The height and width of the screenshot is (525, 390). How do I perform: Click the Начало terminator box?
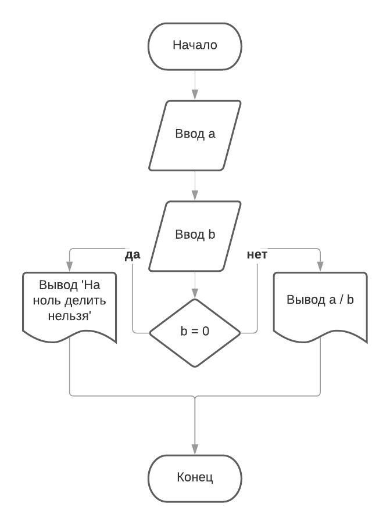pyautogui.click(x=195, y=45)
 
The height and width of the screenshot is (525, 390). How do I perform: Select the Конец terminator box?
pyautogui.click(x=195, y=478)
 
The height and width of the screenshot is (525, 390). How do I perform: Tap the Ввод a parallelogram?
pyautogui.click(x=195, y=135)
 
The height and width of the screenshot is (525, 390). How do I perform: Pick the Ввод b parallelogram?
pyautogui.click(x=195, y=235)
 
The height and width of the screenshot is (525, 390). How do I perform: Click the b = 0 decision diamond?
pyautogui.click(x=195, y=332)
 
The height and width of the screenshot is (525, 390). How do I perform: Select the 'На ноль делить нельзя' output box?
pyautogui.click(x=70, y=305)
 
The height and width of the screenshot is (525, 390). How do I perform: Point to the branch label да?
pyautogui.click(x=133, y=256)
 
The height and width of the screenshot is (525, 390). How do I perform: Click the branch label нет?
pyautogui.click(x=257, y=256)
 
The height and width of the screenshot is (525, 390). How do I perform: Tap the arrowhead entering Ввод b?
pyautogui.click(x=195, y=196)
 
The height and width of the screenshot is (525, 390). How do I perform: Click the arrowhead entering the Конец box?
pyautogui.click(x=195, y=450)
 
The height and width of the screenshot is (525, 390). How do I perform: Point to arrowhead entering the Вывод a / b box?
pyautogui.click(x=320, y=267)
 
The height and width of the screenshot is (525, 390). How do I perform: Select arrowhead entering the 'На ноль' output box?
pyautogui.click(x=70, y=267)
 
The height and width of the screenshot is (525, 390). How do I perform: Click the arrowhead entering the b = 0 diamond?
pyautogui.click(x=195, y=294)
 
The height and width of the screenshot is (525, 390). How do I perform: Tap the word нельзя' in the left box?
pyautogui.click(x=69, y=317)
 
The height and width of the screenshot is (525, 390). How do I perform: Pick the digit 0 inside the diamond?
pyautogui.click(x=206, y=333)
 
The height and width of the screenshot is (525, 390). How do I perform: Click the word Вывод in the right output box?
pyautogui.click(x=306, y=301)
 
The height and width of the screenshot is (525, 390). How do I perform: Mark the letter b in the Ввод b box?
pyautogui.click(x=212, y=235)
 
